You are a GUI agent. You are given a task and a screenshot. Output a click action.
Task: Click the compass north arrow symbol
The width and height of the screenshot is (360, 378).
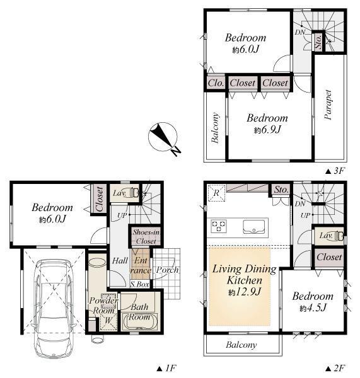coord(163,137)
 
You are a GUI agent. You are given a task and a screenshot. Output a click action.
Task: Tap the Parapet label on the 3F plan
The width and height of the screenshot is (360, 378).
coord(328,105)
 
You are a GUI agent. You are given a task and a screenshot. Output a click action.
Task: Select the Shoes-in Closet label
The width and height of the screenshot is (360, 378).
coord(146,236)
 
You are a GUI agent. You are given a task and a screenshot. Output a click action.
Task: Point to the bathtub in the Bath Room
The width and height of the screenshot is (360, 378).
coord(139,321)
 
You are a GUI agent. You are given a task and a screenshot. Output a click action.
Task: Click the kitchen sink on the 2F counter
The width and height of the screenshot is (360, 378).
coord(254,227)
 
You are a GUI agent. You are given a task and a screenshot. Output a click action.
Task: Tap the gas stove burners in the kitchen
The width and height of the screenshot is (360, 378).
coord(219,226)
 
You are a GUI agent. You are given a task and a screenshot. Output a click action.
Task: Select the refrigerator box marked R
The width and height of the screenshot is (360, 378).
coord(216,193)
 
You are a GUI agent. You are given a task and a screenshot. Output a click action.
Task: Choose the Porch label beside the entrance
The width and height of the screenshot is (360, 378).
coord(167,270)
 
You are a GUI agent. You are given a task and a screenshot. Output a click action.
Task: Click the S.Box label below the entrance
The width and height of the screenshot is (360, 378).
coord(140,285)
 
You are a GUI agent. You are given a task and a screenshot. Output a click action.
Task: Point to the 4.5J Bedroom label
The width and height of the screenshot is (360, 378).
coord(313,302)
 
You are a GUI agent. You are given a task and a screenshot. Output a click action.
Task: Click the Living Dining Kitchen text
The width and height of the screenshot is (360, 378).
coord(244,275)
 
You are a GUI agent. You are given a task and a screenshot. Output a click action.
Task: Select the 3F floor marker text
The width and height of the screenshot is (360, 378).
coord(335,171)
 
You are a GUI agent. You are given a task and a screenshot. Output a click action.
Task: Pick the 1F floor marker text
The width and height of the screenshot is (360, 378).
coord(166,369)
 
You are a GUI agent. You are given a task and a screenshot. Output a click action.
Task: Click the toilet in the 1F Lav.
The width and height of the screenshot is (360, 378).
coord(134,193)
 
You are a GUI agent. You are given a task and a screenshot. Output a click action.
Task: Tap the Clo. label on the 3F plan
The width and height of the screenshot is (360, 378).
coord(216,83)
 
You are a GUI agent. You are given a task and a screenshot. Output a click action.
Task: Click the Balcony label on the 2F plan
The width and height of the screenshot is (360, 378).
coord(241,345)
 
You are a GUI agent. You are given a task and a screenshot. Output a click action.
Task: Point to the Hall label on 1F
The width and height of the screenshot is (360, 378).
coord(120,261)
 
